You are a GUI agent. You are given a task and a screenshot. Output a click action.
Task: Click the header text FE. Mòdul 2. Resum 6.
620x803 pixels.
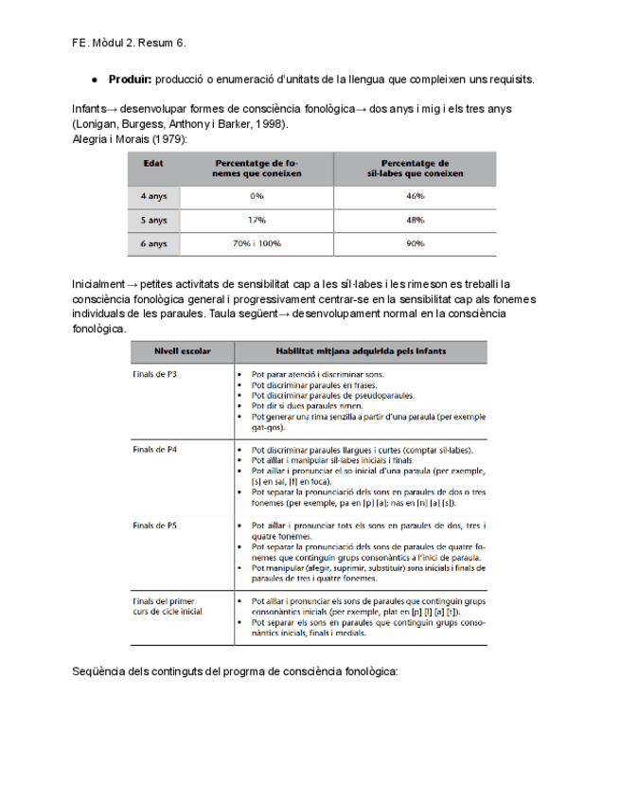coord(129,43)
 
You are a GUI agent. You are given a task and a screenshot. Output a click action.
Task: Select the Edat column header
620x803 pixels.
coord(152,163)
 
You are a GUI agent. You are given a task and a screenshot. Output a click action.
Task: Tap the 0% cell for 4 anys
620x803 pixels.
coord(257,196)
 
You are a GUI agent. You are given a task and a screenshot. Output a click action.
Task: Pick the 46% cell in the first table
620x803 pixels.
coord(414,196)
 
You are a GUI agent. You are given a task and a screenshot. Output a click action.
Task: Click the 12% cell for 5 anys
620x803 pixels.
coord(257,220)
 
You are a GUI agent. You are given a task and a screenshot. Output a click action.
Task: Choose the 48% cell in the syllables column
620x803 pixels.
coord(414,220)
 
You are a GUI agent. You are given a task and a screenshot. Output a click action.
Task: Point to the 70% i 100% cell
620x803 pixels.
coord(257,243)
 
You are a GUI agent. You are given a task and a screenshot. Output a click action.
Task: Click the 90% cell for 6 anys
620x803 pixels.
coord(414,243)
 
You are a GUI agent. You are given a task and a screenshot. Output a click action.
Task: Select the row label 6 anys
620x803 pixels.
coord(154,243)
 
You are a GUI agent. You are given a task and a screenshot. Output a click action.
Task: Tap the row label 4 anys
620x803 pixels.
coord(154,196)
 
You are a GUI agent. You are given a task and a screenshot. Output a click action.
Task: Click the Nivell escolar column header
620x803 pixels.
coord(183,351)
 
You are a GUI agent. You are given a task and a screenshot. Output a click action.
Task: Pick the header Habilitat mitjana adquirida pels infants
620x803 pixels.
coord(362,351)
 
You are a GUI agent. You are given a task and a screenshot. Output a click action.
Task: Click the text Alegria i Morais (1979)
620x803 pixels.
coord(130,139)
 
